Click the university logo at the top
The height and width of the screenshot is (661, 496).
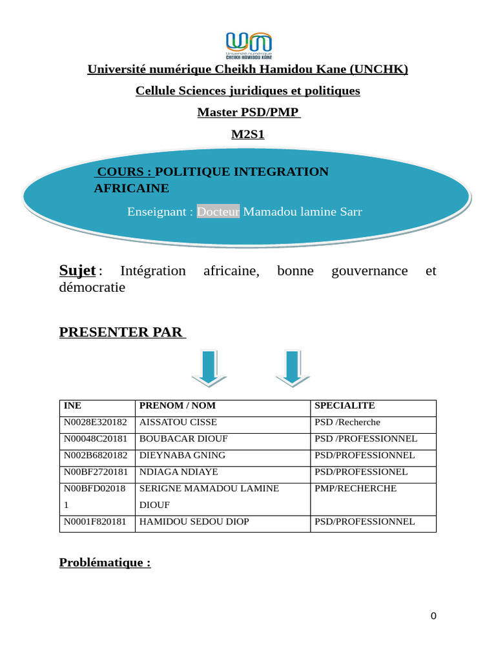[x=249, y=45]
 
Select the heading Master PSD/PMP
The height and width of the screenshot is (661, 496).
[x=248, y=112]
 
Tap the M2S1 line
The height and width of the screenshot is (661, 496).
[x=248, y=134]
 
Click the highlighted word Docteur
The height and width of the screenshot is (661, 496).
[x=218, y=212]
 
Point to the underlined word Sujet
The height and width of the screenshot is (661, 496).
[x=77, y=270]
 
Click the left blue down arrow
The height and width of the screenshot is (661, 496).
[x=209, y=369]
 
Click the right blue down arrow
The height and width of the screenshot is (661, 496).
[x=293, y=369]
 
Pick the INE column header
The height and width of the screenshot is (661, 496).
[x=72, y=406]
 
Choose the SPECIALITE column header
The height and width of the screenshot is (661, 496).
[x=344, y=406]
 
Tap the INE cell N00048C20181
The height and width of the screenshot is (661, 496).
[x=96, y=439]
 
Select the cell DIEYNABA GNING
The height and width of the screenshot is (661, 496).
[x=182, y=455]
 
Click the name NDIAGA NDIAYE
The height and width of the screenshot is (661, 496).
[x=179, y=472]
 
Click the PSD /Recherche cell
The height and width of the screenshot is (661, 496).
[x=347, y=422]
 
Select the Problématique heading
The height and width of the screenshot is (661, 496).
[x=105, y=562]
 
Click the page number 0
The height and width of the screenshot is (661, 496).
[x=433, y=616]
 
